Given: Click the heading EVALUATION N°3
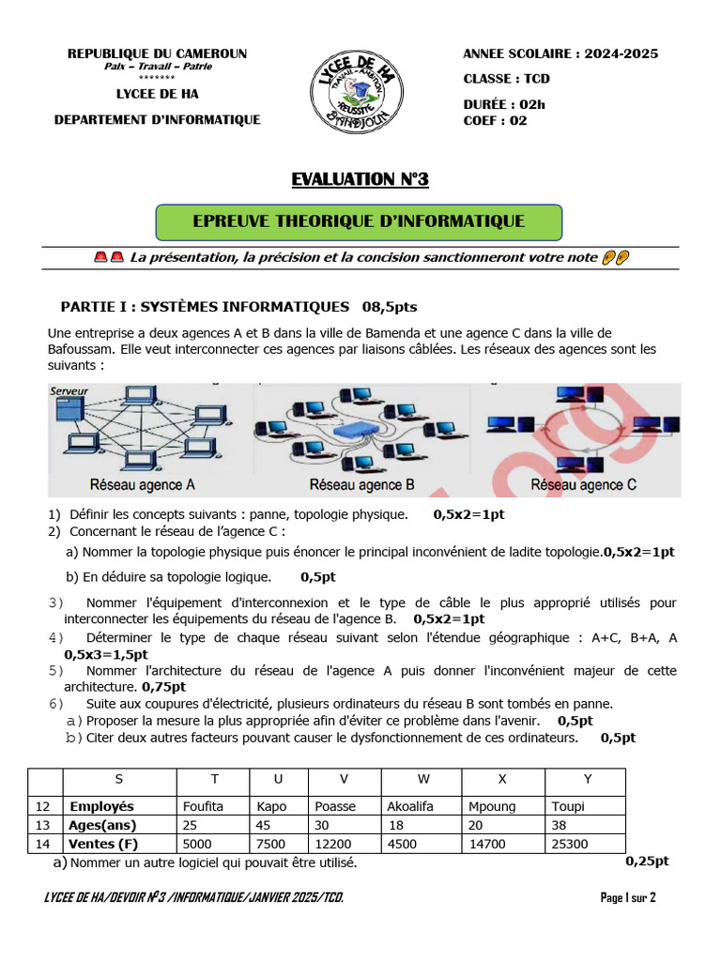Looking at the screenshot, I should [x=360, y=179].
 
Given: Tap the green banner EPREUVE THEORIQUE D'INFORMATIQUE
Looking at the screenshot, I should [x=359, y=221].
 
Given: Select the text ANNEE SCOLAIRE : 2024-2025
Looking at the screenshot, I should [x=560, y=53].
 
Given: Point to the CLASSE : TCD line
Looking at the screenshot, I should [x=506, y=79].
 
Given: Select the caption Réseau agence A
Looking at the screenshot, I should [x=143, y=485].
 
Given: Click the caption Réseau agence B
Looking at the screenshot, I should [x=361, y=485].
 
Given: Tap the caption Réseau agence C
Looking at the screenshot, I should [x=583, y=485].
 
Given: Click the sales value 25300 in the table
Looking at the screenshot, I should [x=572, y=844].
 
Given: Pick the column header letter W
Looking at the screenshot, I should [x=422, y=779].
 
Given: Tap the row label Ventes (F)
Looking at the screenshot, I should [x=103, y=844].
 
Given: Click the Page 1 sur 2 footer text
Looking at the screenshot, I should [x=627, y=898].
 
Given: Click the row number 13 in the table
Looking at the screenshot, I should [x=43, y=825].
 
